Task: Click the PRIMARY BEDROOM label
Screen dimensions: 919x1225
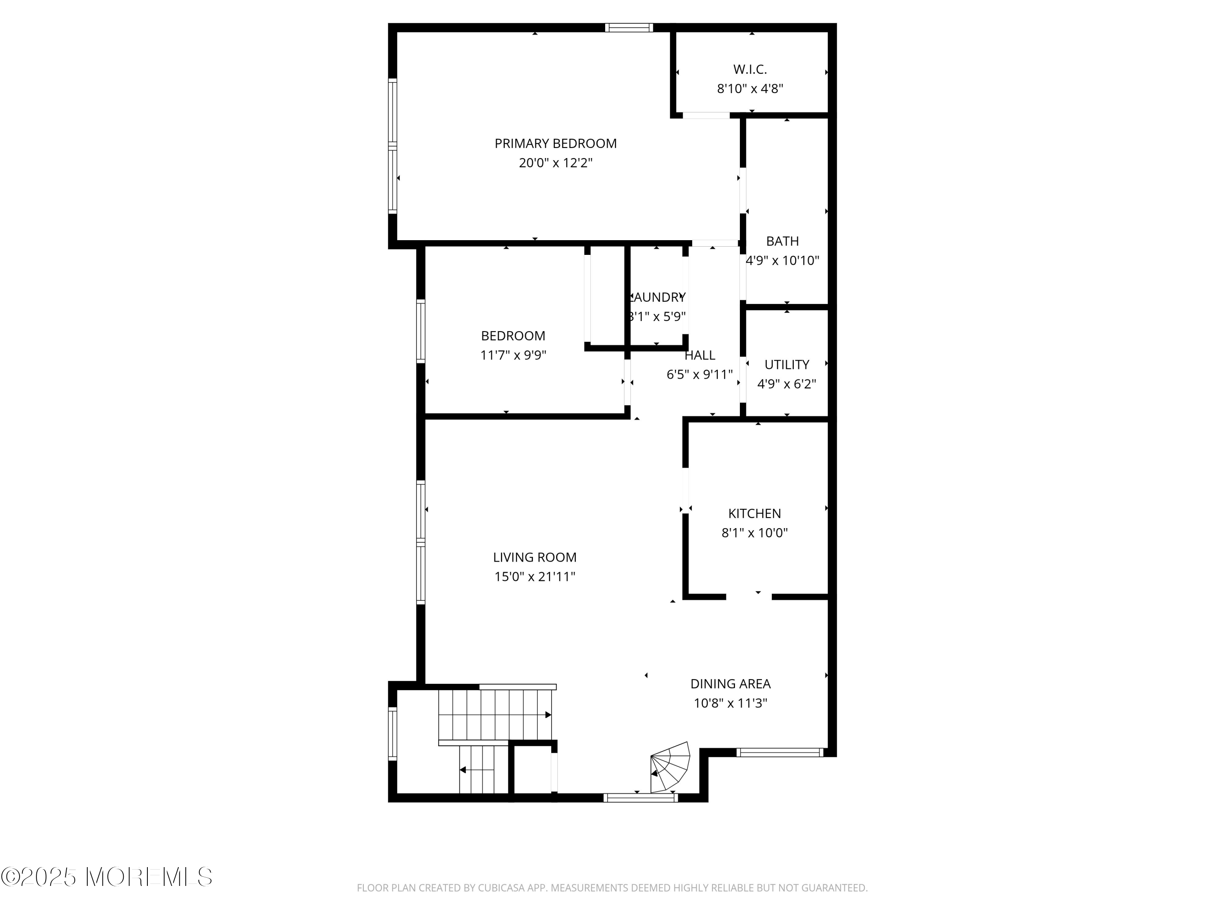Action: [x=555, y=143]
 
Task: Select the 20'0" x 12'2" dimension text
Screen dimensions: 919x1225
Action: [x=555, y=163]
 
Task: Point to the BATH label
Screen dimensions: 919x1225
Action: [x=782, y=241]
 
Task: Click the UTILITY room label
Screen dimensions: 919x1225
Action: [x=786, y=364]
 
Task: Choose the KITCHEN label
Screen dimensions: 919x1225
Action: [x=754, y=513]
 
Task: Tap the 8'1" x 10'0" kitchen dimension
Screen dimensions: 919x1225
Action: [x=754, y=533]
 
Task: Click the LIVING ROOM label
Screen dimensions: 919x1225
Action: [x=535, y=557]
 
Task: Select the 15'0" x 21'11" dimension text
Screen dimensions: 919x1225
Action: [x=535, y=577]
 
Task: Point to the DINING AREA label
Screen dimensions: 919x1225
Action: [x=730, y=684]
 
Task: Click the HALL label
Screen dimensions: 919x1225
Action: [x=699, y=355]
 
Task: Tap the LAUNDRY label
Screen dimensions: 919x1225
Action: [x=657, y=297]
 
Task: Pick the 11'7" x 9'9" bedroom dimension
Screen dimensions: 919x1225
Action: [x=513, y=355]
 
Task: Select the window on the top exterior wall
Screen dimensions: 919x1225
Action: [x=628, y=28]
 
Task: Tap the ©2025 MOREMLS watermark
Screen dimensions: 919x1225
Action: [x=106, y=877]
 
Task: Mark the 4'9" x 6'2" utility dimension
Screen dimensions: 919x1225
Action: [x=786, y=384]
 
